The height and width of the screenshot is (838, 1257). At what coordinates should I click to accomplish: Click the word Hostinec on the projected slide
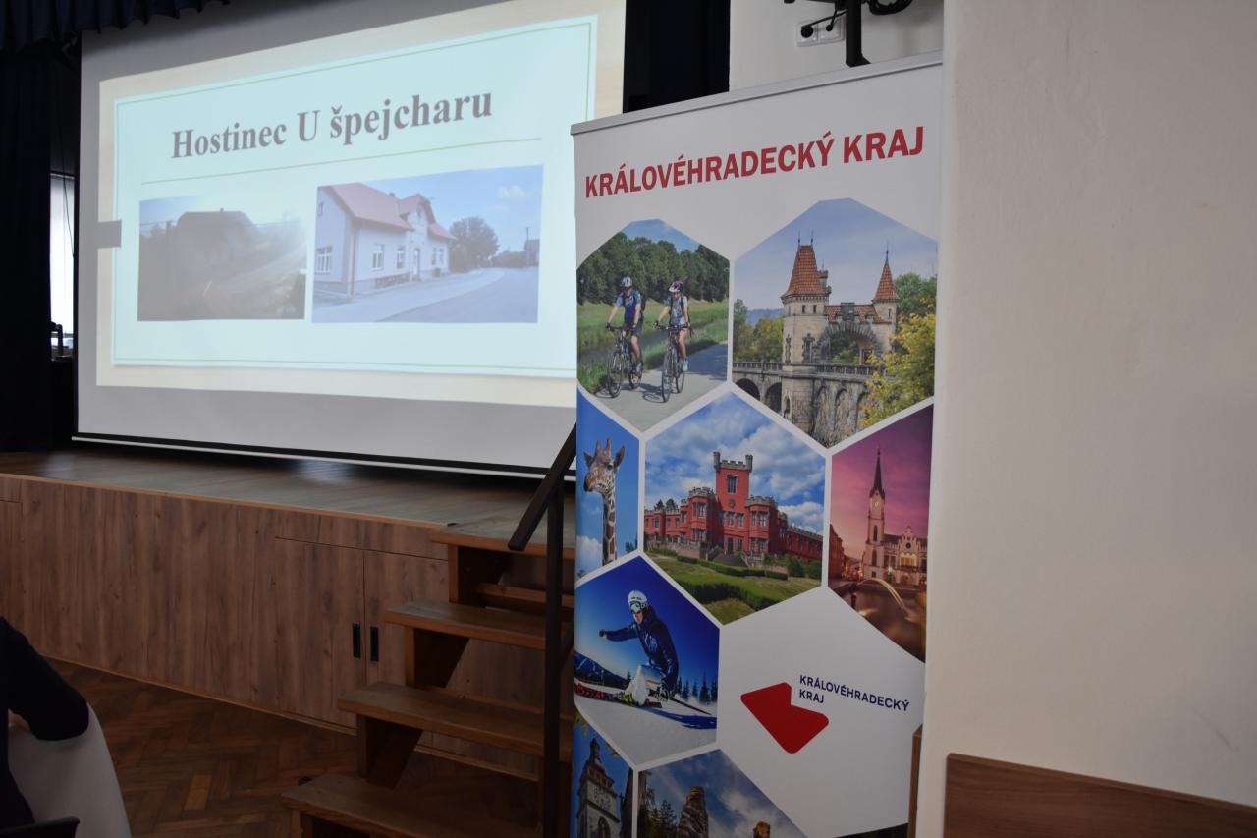pos(229,139)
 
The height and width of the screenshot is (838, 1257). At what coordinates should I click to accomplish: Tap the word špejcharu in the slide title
pos(410,114)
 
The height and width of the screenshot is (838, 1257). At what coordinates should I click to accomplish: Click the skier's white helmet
pos(637,601)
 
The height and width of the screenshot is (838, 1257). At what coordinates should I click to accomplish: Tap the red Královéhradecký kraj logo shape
pos(784,716)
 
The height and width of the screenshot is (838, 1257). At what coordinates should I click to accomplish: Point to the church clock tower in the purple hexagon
pos(877,514)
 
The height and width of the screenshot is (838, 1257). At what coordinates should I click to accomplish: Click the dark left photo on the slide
pos(222,258)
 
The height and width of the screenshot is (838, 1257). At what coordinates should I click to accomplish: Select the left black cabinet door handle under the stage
pos(355,641)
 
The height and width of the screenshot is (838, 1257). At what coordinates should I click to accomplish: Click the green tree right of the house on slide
pos(473,243)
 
